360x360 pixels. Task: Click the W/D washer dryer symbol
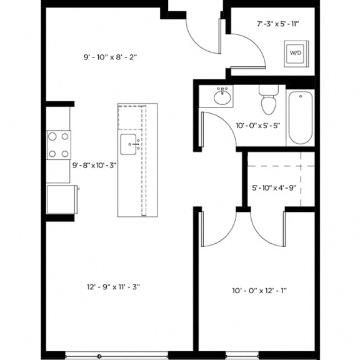(294, 54)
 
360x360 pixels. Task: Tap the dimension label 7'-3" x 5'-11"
(278, 24)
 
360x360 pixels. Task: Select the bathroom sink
(222, 97)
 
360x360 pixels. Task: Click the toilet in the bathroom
(268, 102)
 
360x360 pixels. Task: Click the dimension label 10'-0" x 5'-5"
(258, 125)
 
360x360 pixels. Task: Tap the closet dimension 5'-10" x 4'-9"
(274, 187)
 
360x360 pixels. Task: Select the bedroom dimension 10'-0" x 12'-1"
(259, 290)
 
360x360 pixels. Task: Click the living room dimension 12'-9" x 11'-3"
(113, 287)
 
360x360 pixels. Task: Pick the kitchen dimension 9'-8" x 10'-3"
(95, 165)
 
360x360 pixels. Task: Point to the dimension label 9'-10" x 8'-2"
(110, 57)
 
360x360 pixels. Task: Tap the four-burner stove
(59, 144)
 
